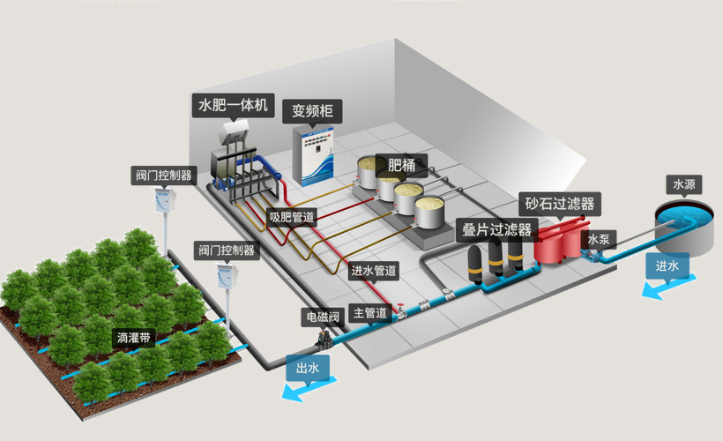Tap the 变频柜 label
tap(317, 112)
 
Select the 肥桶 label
tap(401, 164)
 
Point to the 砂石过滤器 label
tap(560, 205)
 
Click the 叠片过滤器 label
tap(497, 230)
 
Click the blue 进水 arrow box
tap(667, 265)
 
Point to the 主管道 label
tap(369, 312)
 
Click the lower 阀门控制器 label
tap(225, 250)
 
